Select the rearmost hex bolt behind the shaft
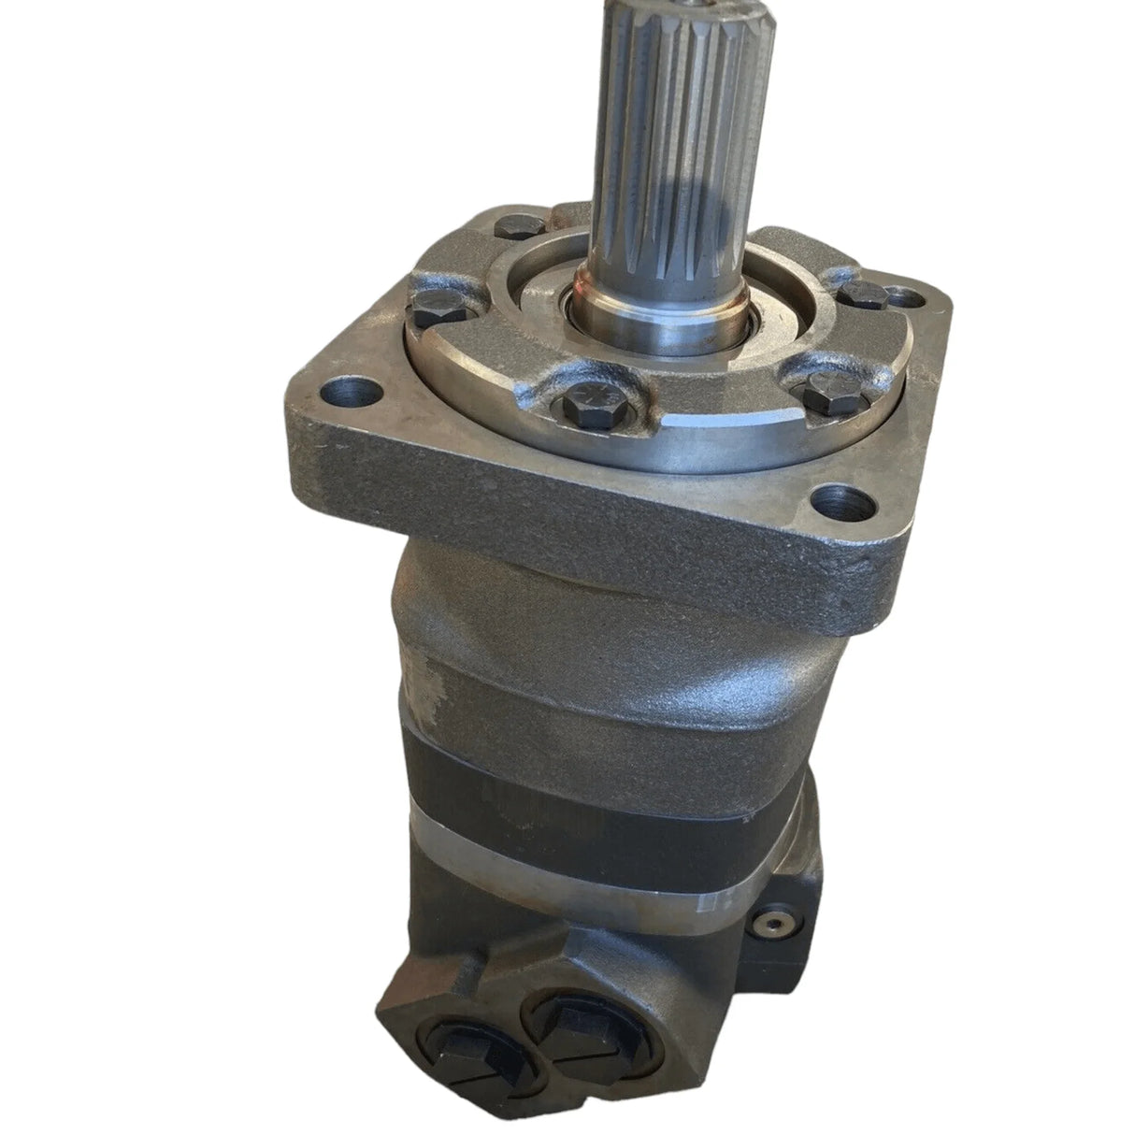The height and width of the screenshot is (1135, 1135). [x=511, y=225]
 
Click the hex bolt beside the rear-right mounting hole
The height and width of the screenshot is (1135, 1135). [x=862, y=295]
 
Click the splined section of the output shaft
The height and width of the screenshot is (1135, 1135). [x=636, y=140]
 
